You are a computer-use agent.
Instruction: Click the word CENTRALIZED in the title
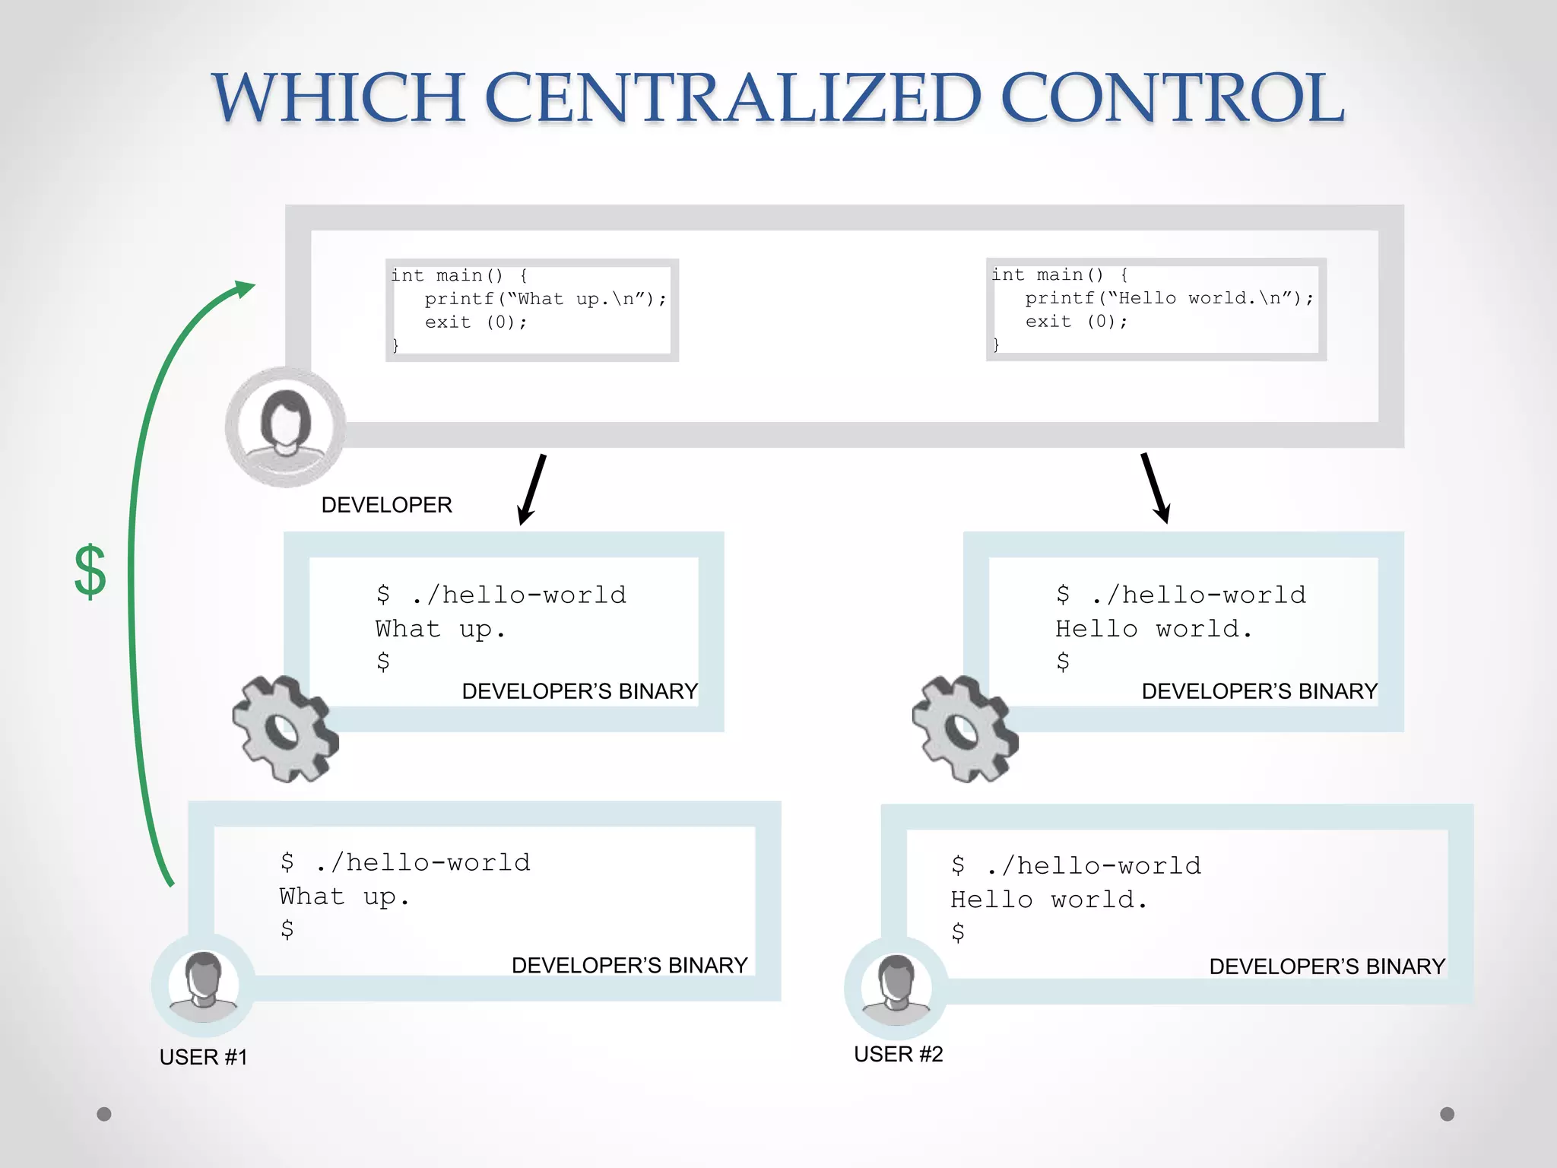pyautogui.click(x=732, y=98)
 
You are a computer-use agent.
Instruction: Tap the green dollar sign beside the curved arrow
pyautogui.click(x=90, y=571)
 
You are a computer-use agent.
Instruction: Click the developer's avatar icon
pyautogui.click(x=285, y=427)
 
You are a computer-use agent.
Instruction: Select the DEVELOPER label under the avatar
pyautogui.click(x=386, y=505)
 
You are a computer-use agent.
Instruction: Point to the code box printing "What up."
pyautogui.click(x=531, y=310)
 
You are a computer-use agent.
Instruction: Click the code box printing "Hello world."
pyautogui.click(x=1156, y=309)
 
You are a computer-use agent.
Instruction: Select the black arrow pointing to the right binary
pyautogui.click(x=1155, y=488)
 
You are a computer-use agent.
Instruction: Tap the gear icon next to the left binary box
pyautogui.click(x=284, y=728)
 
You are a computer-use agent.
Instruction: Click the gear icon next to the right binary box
pyautogui.click(x=964, y=728)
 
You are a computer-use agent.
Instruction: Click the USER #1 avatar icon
pyautogui.click(x=203, y=985)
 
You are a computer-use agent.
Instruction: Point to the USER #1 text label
pyautogui.click(x=203, y=1057)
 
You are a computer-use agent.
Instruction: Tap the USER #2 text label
pyautogui.click(x=898, y=1054)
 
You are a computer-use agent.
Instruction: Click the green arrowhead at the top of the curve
pyautogui.click(x=244, y=289)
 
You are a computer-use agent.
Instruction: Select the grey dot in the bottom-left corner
pyautogui.click(x=104, y=1114)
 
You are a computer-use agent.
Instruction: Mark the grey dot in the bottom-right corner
pyautogui.click(x=1448, y=1114)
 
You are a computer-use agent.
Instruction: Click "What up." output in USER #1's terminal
pyautogui.click(x=344, y=897)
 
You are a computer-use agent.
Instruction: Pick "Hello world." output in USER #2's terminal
pyautogui.click(x=1048, y=900)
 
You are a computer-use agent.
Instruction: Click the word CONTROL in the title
pyautogui.click(x=1172, y=98)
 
